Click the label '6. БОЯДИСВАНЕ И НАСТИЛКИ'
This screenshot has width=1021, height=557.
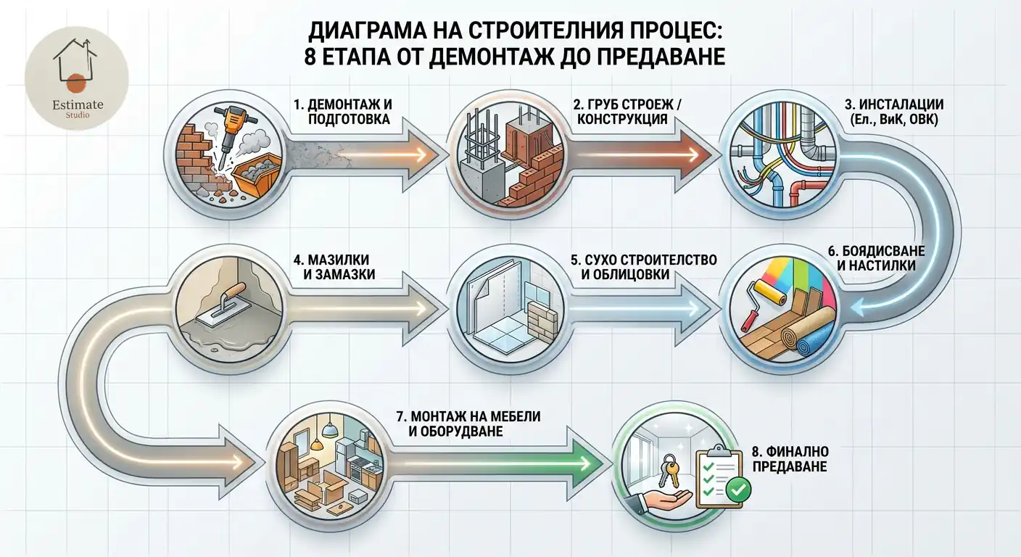pos(875,258)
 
